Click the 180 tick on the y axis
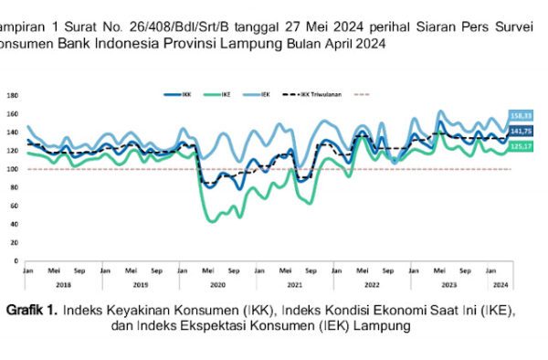coord(12,96)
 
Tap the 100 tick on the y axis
coord(12,169)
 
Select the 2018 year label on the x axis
coord(64,284)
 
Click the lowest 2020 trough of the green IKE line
coord(213,221)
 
